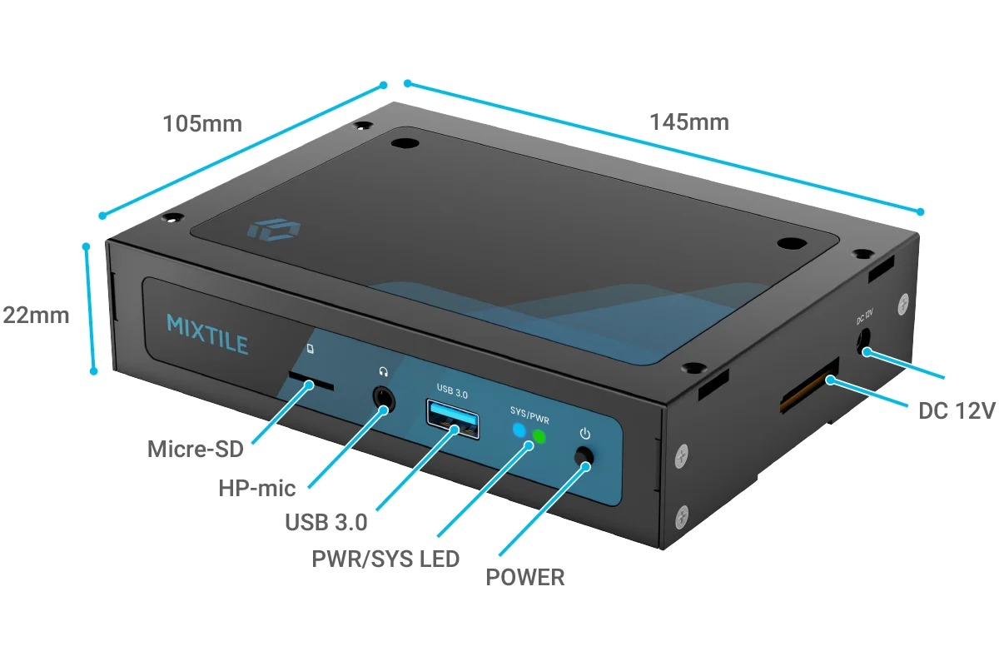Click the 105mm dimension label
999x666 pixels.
point(202,124)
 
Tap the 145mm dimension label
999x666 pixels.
point(689,122)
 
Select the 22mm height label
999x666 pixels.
point(36,316)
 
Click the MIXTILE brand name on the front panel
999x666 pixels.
point(207,335)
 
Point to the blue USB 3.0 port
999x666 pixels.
point(453,420)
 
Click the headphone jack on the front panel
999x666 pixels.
point(384,398)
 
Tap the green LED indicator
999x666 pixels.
point(539,437)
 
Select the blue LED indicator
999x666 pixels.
point(519,430)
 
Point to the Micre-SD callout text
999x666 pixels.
point(196,450)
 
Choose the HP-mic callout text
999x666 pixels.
point(257,488)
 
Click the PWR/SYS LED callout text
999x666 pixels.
point(385,559)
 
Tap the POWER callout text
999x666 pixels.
point(525,577)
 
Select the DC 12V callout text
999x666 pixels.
point(957,411)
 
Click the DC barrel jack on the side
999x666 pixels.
point(863,342)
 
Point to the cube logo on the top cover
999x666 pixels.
point(274,230)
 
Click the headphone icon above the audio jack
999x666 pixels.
point(384,371)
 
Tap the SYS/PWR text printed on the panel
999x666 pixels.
point(529,415)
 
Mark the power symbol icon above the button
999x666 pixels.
point(585,434)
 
